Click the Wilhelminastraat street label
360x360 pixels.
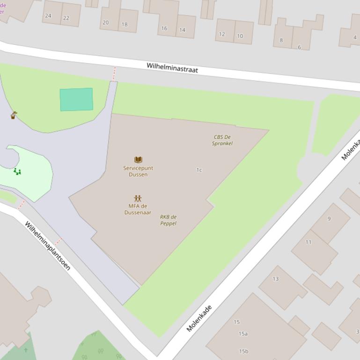click(172, 68)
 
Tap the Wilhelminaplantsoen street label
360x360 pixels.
click(48, 245)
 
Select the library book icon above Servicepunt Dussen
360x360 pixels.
click(138, 159)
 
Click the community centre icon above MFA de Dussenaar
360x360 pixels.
click(138, 198)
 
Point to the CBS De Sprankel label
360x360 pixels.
click(222, 140)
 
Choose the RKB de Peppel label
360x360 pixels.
click(169, 220)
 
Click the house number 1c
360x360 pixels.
click(199, 170)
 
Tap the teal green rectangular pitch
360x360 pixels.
click(76, 99)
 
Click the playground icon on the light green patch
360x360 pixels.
click(17, 172)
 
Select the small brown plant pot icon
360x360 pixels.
click(14, 115)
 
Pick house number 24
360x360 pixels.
click(48, 15)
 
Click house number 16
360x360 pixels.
click(164, 28)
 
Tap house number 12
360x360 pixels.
click(222, 34)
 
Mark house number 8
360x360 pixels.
click(281, 40)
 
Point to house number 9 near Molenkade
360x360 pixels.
click(329, 218)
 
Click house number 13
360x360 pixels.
click(275, 279)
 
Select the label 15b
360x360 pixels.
click(243, 351)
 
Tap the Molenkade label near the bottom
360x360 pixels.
click(199, 318)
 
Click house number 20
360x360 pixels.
click(105, 22)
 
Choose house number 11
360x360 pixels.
click(308, 242)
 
